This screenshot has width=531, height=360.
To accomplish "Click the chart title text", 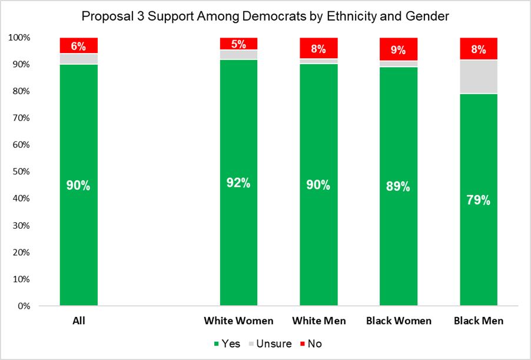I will (265, 16).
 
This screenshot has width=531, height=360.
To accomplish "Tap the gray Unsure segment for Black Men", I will (478, 77).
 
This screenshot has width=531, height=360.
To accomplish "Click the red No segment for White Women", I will (238, 44).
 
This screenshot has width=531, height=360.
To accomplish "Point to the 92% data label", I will (238, 183).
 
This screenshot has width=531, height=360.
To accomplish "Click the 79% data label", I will (478, 200).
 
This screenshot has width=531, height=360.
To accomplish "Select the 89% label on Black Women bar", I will (398, 186).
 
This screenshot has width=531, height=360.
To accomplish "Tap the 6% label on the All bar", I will (79, 45).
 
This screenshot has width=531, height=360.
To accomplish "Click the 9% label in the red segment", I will (398, 50).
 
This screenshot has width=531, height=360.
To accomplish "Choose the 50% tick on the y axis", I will (22, 172).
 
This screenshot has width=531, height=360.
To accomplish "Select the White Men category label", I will (318, 321).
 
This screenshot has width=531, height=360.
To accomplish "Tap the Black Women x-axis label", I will (398, 321).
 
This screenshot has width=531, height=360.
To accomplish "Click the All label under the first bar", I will (79, 321).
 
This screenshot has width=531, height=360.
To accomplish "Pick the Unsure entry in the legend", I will (271, 344).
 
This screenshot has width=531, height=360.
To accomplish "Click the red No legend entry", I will (311, 344).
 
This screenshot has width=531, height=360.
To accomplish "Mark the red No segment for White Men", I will (318, 47).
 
